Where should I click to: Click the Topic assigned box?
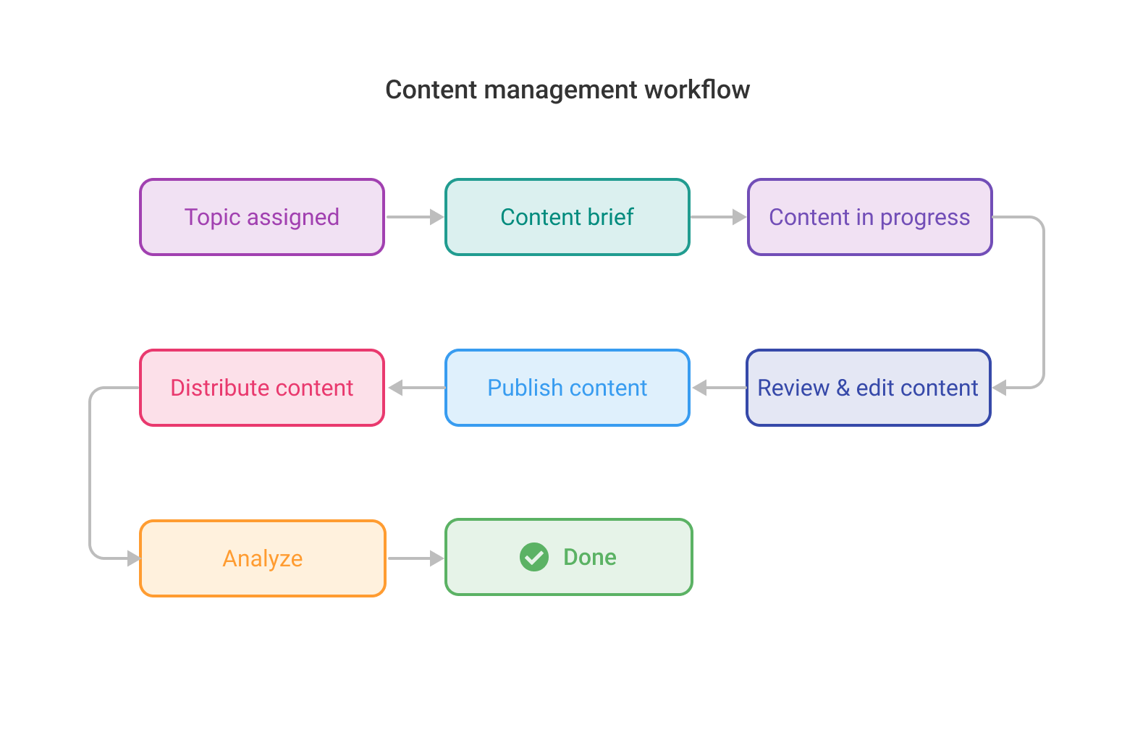261,217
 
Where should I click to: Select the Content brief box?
567,217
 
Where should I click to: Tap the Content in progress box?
869,217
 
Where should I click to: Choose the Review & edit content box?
868,388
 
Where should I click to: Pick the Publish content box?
567,388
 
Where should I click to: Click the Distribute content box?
261,388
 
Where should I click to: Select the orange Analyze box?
262,558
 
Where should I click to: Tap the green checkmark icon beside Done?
534,557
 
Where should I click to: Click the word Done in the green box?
590,557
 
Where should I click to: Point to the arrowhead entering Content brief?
436,217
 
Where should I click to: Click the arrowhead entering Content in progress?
739,217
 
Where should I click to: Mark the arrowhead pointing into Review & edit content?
1000,388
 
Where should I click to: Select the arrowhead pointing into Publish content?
700,388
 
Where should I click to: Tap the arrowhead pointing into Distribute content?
395,388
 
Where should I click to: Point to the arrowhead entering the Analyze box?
133,558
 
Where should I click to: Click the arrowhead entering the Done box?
436,558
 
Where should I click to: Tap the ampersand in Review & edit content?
843,388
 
